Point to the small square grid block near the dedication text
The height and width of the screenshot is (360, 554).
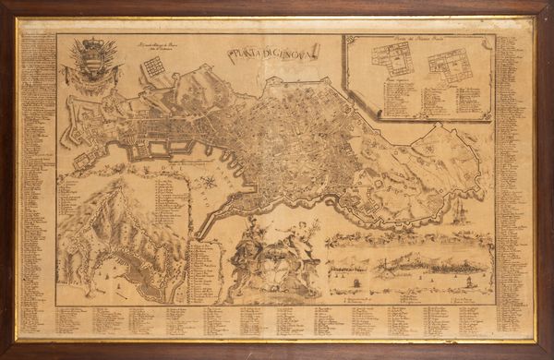(x=153, y=66)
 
